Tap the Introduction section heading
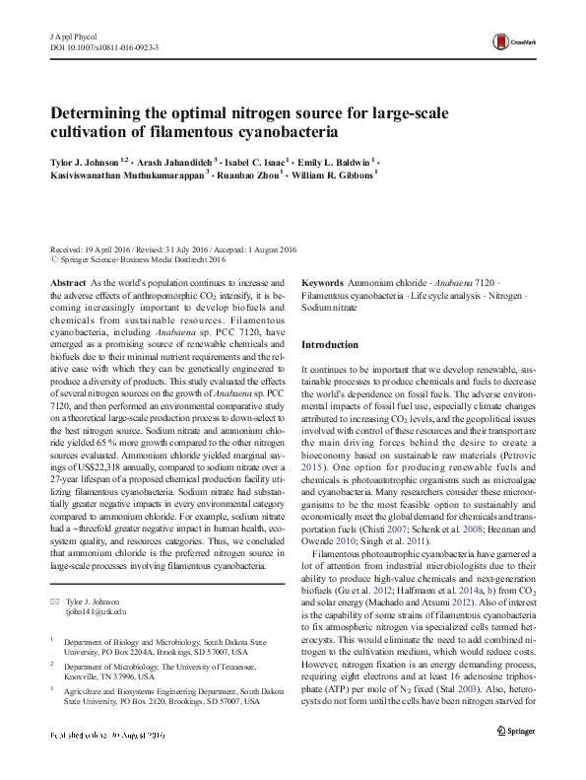point(330,345)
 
